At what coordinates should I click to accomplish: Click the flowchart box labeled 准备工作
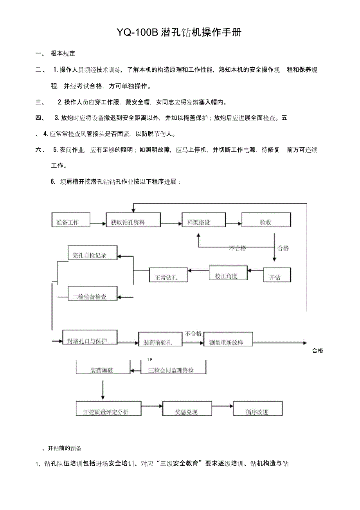click(x=71, y=220)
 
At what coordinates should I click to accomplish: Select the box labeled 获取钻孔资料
click(x=133, y=220)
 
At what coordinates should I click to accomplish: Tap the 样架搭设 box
click(x=203, y=220)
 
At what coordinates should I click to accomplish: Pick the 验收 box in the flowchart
click(x=266, y=220)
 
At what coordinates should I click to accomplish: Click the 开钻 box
click(x=277, y=275)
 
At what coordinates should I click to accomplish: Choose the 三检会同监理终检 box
click(x=173, y=368)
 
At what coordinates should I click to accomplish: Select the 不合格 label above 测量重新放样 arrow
click(x=193, y=333)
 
